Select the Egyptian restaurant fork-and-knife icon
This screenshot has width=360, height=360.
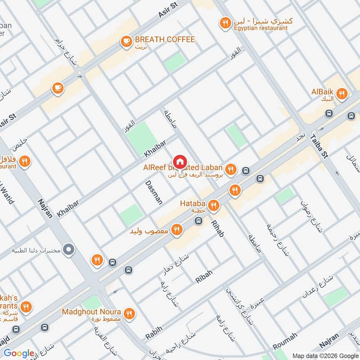(225, 22)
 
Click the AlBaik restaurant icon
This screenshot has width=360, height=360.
(342, 94)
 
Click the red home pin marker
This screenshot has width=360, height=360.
(180, 161)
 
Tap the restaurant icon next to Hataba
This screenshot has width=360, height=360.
(213, 206)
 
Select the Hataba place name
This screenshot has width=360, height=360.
(193, 203)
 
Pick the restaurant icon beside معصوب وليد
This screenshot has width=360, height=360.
(176, 230)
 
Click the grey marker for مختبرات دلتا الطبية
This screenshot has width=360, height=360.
(69, 248)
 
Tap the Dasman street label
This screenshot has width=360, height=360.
(153, 192)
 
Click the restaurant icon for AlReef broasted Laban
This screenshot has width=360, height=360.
(230, 169)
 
